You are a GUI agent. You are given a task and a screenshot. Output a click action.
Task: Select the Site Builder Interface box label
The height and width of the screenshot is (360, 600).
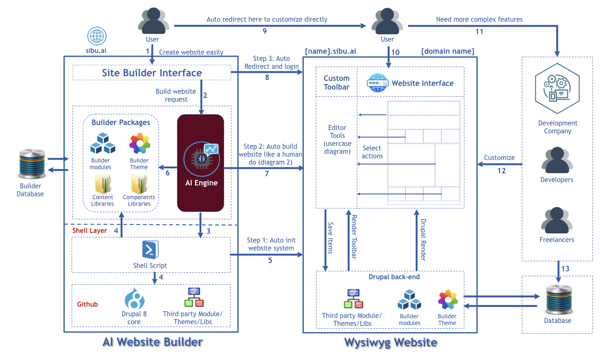coord(152,73)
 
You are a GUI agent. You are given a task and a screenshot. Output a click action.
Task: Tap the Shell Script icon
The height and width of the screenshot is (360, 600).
coord(150,250)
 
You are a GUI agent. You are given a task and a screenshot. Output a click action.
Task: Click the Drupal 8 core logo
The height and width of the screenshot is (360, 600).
coord(134,299)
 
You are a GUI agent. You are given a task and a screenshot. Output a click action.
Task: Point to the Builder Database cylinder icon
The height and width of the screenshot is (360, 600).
coord(32,164)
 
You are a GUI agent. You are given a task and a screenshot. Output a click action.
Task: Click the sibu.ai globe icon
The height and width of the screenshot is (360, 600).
coord(97,36)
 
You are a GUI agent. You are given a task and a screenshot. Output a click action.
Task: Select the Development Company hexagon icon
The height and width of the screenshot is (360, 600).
coord(557,89)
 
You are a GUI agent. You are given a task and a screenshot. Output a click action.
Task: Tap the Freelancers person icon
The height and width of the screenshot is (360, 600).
coord(557,220)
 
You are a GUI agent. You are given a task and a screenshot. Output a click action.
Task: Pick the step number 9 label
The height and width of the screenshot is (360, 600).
coord(265,31)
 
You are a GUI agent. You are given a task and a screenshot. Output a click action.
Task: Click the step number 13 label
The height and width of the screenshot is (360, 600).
coord(565,269)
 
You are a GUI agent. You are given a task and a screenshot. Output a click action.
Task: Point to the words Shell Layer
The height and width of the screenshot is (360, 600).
coord(90,231)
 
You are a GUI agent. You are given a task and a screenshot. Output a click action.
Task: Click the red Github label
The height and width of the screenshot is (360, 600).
coord(87,304)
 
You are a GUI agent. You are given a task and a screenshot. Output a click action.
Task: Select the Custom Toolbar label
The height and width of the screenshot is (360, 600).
coord(337,82)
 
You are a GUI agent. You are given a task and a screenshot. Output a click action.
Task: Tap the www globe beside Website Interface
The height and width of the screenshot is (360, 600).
coord(377,83)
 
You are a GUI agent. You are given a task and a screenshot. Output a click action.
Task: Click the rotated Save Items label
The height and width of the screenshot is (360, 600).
coord(330,238)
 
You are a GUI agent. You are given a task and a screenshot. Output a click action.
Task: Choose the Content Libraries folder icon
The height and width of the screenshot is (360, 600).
coord(102,184)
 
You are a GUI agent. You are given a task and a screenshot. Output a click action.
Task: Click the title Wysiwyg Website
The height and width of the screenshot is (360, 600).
coord(390,342)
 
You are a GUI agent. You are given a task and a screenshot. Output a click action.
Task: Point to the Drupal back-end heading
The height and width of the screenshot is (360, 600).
coord(394,277)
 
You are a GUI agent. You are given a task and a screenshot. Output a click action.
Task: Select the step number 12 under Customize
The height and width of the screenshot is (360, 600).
coord(502,171)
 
